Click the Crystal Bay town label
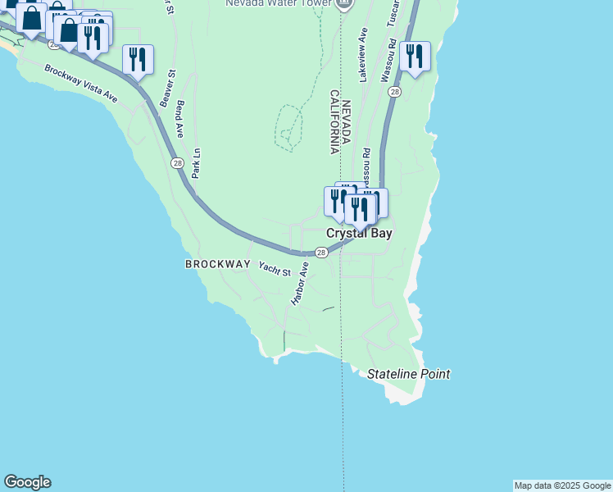coord(359,234)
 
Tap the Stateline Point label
coord(408,374)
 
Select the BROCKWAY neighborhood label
coord(217,264)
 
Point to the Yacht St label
coord(275,267)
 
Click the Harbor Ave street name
coord(299,284)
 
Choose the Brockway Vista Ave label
coord(82,84)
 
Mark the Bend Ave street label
coord(180,120)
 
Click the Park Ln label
coord(196,162)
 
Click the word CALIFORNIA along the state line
coord(334,121)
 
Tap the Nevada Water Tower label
coord(279,3)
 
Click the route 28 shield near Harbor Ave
coord(321,253)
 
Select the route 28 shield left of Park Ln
coord(178,163)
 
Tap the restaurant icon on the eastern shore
coord(415,57)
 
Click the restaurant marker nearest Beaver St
coord(138,60)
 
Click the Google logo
coord(27,482)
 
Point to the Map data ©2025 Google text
coord(562,485)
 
